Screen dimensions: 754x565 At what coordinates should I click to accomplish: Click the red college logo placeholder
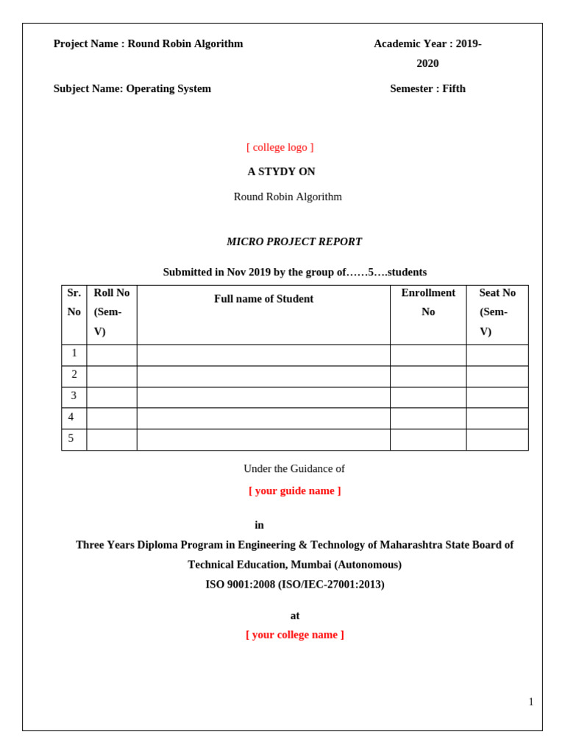pos(280,147)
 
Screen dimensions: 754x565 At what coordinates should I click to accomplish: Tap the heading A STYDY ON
pos(281,172)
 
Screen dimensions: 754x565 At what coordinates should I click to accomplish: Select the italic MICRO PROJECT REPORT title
pos(294,242)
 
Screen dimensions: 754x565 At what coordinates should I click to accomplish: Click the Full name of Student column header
pos(263,299)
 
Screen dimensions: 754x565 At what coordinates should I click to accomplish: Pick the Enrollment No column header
pos(428,302)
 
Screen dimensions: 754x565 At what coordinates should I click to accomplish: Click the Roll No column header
pos(111,311)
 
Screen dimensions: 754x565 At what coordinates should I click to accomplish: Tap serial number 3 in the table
pos(74,396)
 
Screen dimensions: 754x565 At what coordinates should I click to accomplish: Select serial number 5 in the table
pos(71,439)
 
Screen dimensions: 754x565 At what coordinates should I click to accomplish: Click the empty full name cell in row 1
pos(263,355)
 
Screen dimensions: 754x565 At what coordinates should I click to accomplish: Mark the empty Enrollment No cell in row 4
pos(428,418)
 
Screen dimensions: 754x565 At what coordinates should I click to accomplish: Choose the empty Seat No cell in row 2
pos(497,376)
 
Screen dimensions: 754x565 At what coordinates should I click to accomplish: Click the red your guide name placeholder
pos(294,490)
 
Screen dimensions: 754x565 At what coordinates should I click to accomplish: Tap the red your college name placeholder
pos(294,635)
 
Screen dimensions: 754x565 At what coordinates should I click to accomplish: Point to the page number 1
pos(531,702)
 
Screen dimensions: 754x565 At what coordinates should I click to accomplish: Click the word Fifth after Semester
pos(454,89)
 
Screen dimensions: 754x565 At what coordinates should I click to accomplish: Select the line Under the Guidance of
pos(294,468)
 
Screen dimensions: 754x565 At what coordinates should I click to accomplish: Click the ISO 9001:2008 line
pos(294,584)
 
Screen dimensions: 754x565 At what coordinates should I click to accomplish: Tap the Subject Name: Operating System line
pos(132,89)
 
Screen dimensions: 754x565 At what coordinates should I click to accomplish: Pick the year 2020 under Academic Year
pos(427,63)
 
